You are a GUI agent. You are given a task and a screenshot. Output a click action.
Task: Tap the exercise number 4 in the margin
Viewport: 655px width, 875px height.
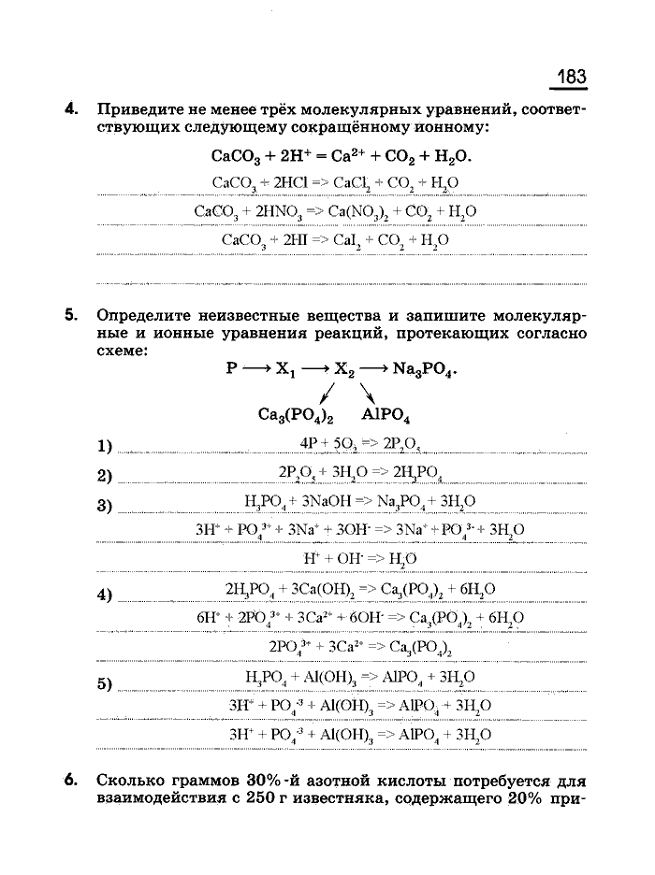[70, 108]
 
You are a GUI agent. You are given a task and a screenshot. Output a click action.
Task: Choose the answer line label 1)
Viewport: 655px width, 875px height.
[104, 445]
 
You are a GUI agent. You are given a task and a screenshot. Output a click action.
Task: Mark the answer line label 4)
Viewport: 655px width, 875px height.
[104, 595]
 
